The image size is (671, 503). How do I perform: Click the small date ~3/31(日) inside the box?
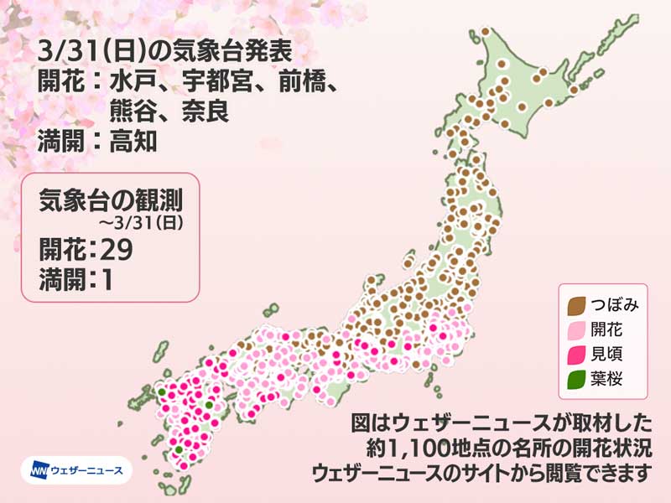point(149,222)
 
